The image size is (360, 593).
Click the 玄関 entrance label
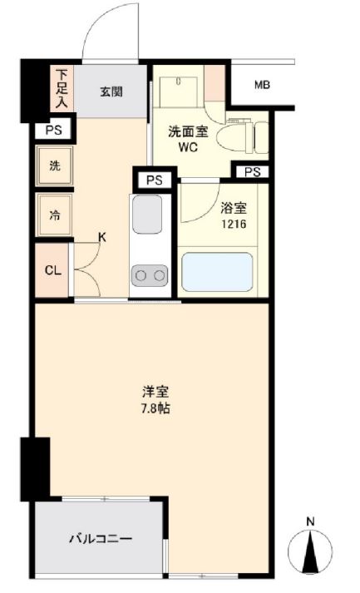(111, 91)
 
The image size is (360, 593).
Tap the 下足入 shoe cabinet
(62, 89)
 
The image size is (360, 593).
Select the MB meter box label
(262, 86)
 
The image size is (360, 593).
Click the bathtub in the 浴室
(217, 273)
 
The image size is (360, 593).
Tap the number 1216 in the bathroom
(233, 225)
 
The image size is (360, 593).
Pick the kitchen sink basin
(147, 215)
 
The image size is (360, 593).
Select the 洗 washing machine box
(55, 166)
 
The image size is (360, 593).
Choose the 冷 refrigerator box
(55, 216)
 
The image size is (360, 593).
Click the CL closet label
(52, 270)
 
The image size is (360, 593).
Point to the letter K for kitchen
(102, 236)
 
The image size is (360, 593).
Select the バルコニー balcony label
(100, 539)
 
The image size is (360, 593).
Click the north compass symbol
(311, 550)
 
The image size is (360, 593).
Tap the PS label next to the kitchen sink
(154, 180)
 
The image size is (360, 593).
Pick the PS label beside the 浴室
(252, 172)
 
